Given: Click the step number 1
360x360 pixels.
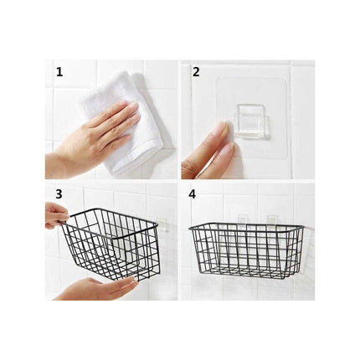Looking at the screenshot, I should click(x=59, y=72).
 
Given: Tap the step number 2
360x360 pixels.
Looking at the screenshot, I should click(x=196, y=72).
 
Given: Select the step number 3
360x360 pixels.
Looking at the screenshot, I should click(x=59, y=193).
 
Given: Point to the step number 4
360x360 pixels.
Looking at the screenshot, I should click(x=194, y=193).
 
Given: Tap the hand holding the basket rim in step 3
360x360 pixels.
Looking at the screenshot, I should click(x=55, y=214).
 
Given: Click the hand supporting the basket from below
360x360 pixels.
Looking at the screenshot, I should click(x=92, y=287).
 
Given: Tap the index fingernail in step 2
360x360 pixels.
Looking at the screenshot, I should click(x=220, y=130).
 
